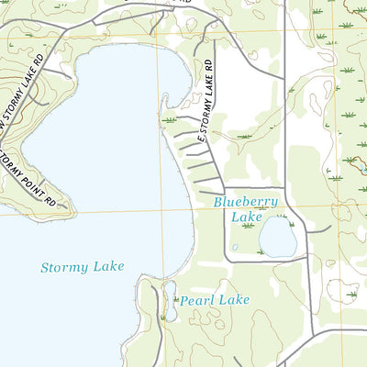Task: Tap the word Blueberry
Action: (x=245, y=202)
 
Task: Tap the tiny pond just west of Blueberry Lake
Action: (x=235, y=247)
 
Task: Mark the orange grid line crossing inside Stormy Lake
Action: (x=159, y=213)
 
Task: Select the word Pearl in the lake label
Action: (x=195, y=300)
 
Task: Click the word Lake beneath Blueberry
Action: (x=246, y=217)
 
